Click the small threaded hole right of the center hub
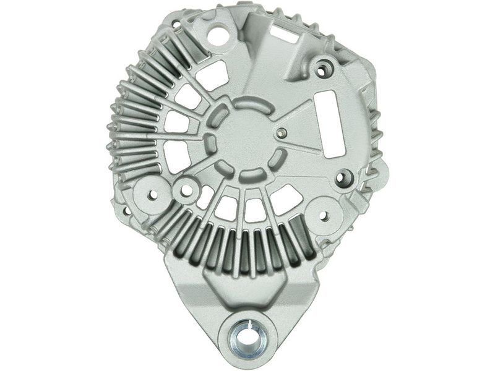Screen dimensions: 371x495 click(x=282, y=132)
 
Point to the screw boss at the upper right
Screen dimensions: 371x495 click(x=321, y=70)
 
